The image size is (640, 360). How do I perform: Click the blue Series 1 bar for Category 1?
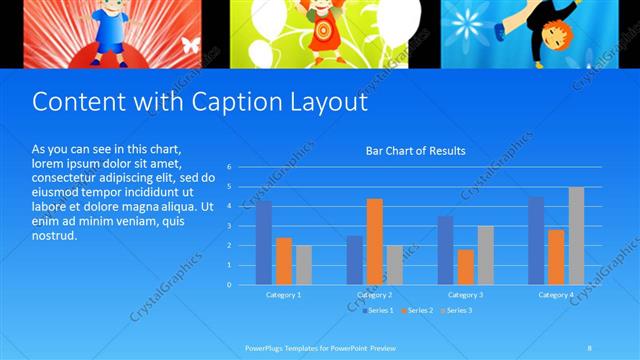[x=264, y=243]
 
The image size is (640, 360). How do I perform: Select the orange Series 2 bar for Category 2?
[x=375, y=241]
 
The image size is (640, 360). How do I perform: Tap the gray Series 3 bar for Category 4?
[x=576, y=236]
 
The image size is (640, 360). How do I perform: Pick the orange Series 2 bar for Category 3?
[x=465, y=267]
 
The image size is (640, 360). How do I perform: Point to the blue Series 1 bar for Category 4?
[x=536, y=241]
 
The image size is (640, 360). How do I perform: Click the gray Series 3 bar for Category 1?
[x=304, y=265]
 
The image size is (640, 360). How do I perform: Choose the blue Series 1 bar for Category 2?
[x=355, y=260]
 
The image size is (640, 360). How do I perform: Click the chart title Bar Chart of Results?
[x=415, y=151]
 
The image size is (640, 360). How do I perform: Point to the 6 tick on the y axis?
[x=229, y=167]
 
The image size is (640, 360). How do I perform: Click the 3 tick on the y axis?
[x=229, y=226]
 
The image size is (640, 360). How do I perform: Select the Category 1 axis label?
[x=284, y=295]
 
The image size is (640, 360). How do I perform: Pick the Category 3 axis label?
[x=465, y=295]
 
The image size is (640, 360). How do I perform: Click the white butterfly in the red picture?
[x=190, y=45]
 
